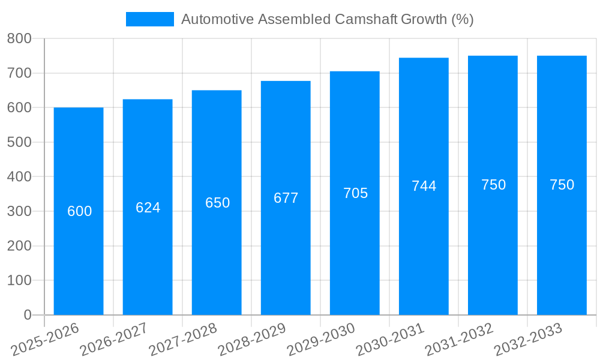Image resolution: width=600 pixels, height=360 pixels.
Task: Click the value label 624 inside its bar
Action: point(148,208)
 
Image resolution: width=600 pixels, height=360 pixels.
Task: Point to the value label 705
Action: point(355,193)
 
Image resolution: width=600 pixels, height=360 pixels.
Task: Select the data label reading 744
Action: point(424,186)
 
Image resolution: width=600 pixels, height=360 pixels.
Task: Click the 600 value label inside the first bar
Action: point(79,211)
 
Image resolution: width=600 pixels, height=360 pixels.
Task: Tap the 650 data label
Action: point(217,203)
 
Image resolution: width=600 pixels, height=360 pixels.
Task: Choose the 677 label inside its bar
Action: point(286,198)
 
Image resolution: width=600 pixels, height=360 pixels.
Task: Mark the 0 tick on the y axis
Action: point(27,315)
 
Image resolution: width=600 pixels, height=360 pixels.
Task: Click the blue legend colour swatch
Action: point(149,19)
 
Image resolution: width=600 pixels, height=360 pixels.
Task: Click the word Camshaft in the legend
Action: point(364,19)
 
